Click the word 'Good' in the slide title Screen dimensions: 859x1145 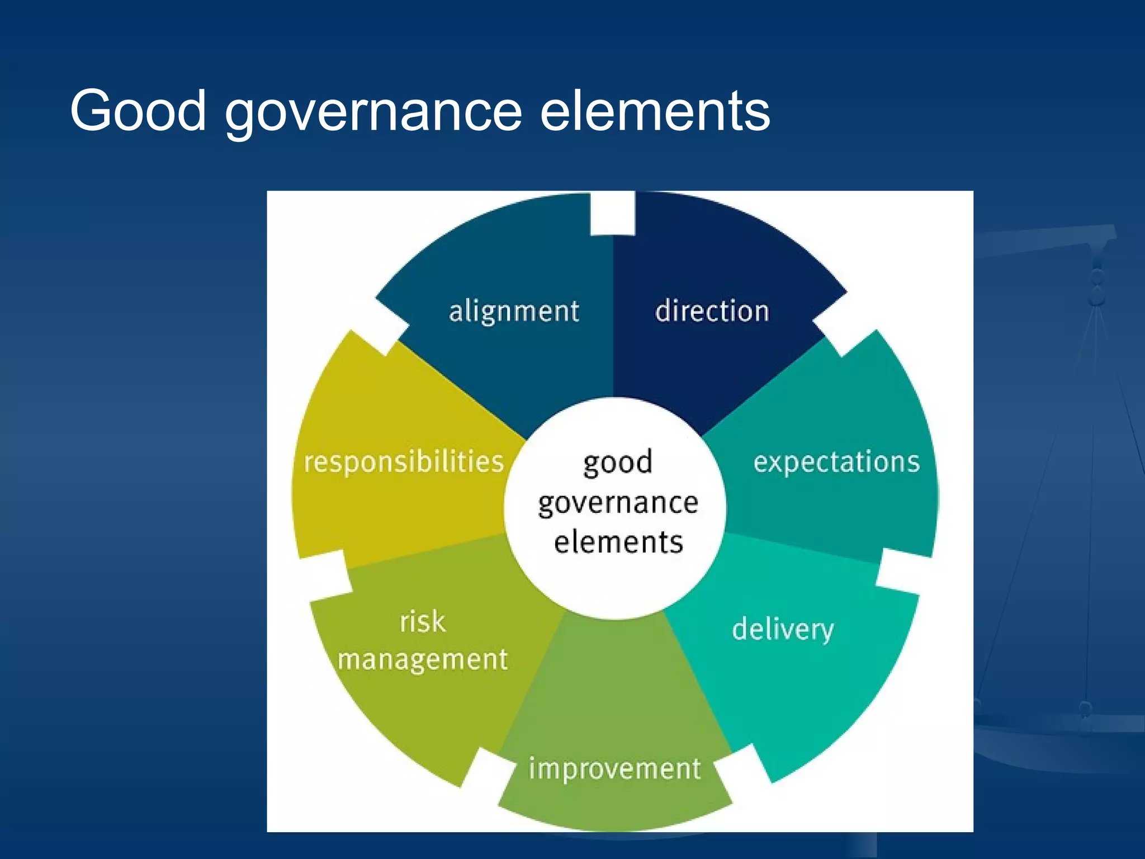(x=138, y=111)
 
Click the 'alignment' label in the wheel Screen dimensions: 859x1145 (x=514, y=311)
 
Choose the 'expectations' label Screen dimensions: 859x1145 (x=836, y=462)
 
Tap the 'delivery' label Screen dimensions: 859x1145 (x=783, y=629)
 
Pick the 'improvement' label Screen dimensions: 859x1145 (x=614, y=769)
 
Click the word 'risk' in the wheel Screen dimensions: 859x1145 (x=423, y=621)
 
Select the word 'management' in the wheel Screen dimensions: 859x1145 (x=423, y=660)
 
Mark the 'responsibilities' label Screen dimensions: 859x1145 (x=404, y=462)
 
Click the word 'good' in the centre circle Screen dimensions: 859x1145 (x=617, y=463)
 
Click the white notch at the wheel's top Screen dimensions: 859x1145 (x=613, y=214)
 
